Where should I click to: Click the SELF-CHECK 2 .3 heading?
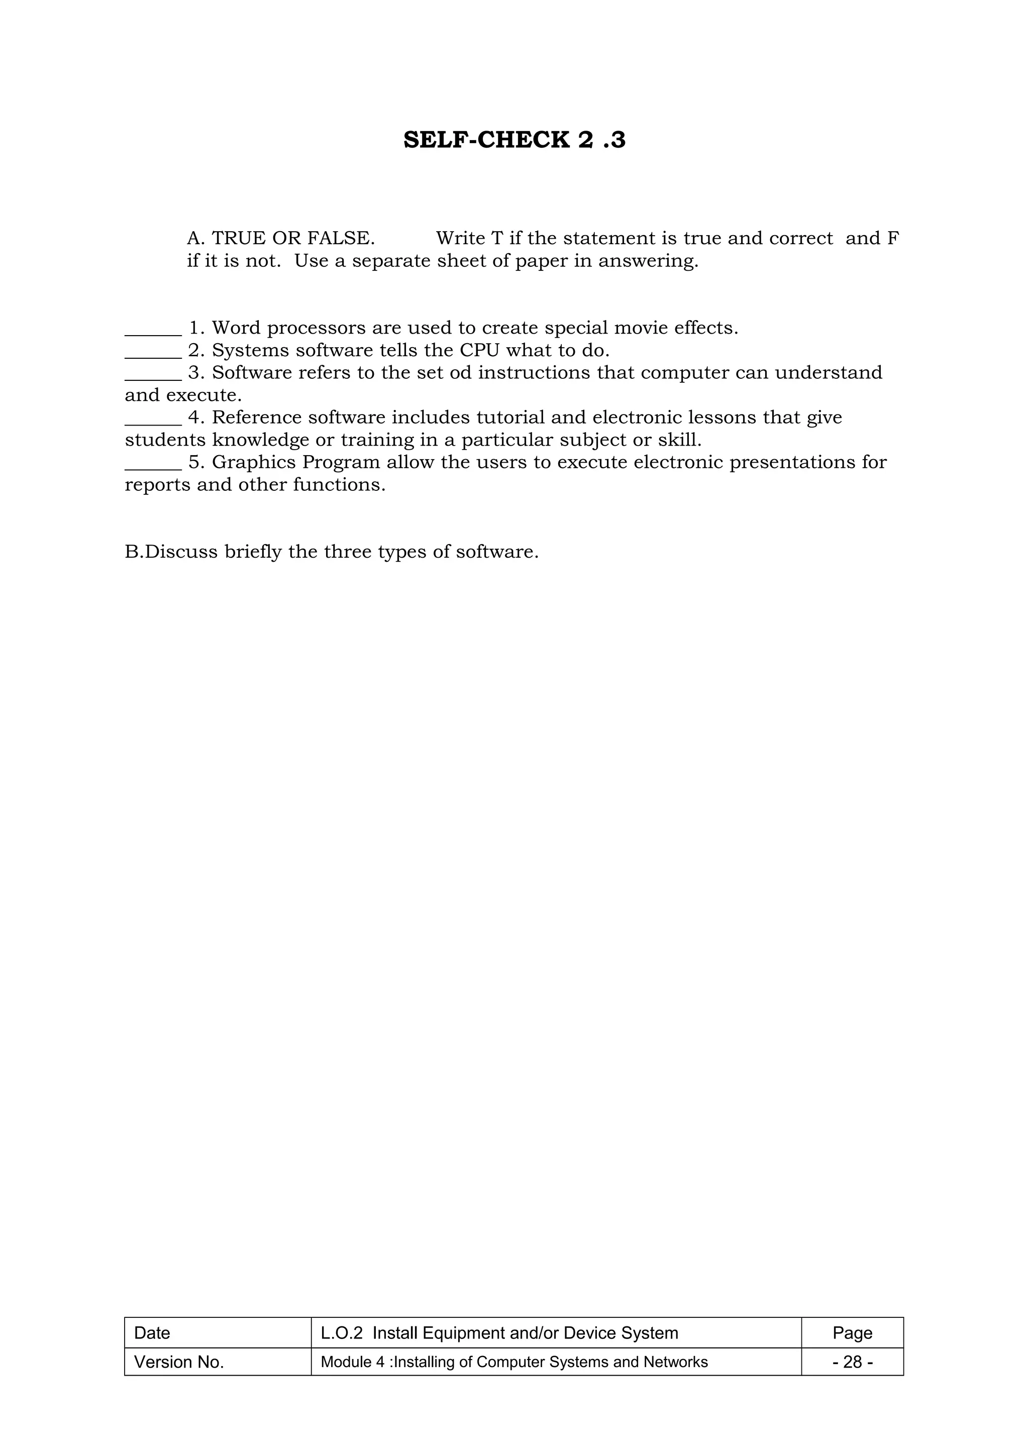pos(514,140)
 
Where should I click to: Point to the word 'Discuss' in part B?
pos(181,552)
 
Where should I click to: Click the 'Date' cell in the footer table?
pos(153,1333)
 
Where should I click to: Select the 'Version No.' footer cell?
pos(179,1362)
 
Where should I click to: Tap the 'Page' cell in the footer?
pos(852,1333)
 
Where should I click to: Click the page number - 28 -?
pos(852,1362)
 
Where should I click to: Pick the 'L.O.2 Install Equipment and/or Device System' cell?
pos(499,1333)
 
